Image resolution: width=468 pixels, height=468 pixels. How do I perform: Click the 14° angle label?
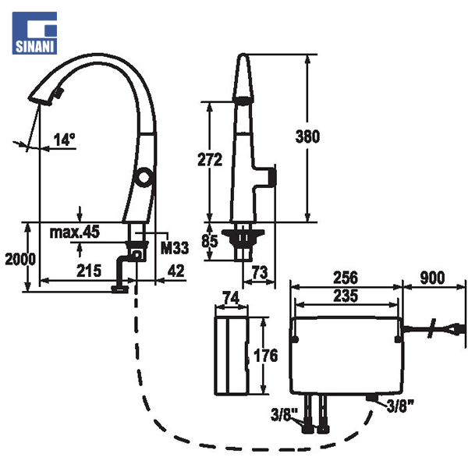pos(64,140)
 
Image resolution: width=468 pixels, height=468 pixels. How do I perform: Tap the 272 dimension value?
pos(211,160)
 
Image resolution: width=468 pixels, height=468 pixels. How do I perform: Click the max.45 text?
pos(75,232)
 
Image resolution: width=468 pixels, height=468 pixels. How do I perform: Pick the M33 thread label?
pos(175,249)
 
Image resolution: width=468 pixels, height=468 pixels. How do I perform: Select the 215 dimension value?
pos(88,271)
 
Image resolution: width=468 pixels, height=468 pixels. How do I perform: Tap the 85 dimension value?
pos(210,242)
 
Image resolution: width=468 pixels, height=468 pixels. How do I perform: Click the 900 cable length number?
pos(433,278)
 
